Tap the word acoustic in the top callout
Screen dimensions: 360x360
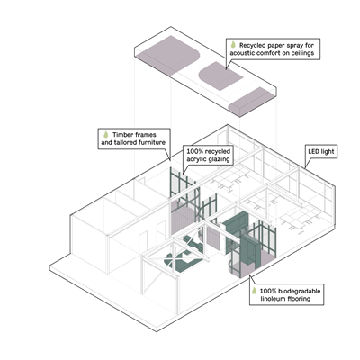click(242, 53)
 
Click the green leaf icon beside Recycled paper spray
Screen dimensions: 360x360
click(233, 45)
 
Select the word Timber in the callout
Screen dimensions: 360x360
click(122, 135)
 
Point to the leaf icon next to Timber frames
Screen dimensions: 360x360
click(105, 135)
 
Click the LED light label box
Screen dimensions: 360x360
click(321, 152)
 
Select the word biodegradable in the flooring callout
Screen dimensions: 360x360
click(299, 291)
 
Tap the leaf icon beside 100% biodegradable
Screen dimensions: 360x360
click(254, 291)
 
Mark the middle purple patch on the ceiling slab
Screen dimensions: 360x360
click(220, 76)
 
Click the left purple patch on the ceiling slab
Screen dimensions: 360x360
click(168, 55)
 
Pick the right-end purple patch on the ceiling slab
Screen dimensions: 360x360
click(251, 102)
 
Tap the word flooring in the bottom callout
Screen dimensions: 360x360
click(299, 299)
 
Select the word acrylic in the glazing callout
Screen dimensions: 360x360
click(195, 159)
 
